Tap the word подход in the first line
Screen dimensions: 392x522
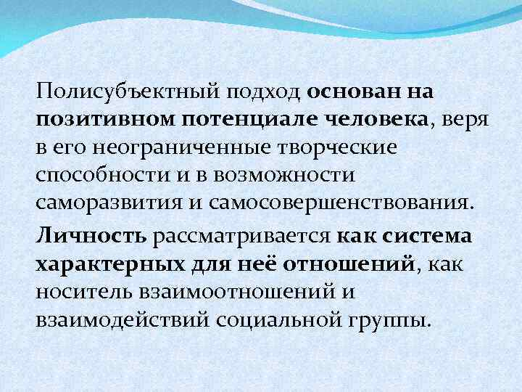[x=267, y=94]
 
